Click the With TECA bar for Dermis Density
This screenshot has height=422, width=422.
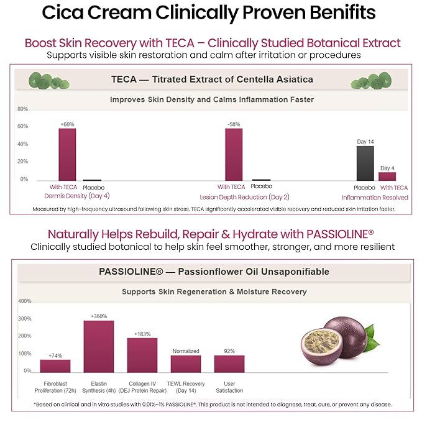click(x=67, y=154)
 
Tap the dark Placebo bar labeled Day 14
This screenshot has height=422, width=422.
click(x=365, y=163)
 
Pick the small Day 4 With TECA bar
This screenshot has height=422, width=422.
click(x=387, y=176)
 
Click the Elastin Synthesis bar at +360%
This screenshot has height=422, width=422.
click(x=99, y=346)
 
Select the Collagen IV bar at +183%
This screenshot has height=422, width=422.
click(x=142, y=355)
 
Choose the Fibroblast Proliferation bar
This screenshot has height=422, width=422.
click(x=55, y=365)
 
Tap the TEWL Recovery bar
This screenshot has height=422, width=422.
click(x=186, y=364)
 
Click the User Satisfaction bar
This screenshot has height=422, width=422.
click(x=229, y=364)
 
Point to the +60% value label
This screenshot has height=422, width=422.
click(x=67, y=124)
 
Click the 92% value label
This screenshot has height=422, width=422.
click(x=229, y=351)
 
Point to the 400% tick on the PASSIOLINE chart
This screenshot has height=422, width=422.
click(x=24, y=301)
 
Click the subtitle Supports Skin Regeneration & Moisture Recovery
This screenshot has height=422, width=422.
click(x=214, y=291)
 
